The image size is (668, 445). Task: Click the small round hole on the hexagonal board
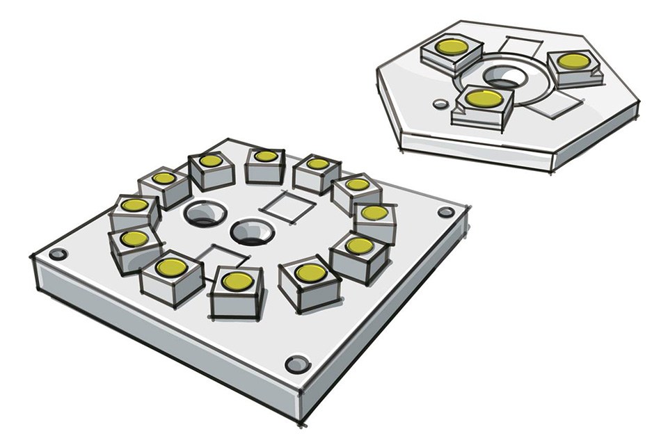tap(440, 104)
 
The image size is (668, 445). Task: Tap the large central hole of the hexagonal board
tap(500, 76)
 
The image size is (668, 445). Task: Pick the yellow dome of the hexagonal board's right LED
tap(572, 60)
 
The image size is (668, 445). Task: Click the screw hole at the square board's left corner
tap(58, 254)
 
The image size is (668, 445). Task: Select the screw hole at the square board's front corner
tap(296, 364)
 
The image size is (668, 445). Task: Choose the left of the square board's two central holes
tap(202, 213)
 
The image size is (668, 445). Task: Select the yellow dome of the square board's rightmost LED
tap(374, 212)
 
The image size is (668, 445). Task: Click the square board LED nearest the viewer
tap(237, 281)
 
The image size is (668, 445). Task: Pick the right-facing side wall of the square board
tap(390, 327)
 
